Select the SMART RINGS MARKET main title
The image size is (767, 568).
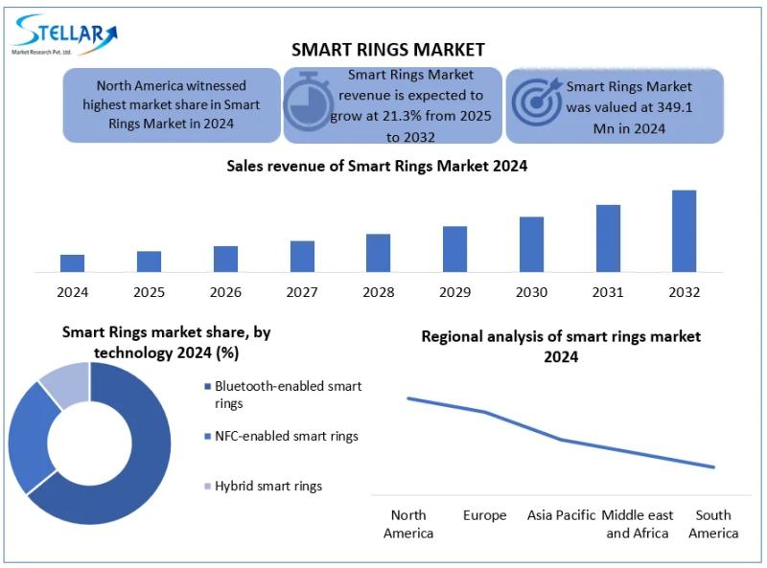[388, 50]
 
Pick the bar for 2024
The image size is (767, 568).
[72, 262]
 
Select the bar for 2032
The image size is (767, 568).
[684, 230]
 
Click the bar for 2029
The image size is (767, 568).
[454, 248]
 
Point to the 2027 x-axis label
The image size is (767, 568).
[302, 291]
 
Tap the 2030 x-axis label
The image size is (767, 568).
[531, 291]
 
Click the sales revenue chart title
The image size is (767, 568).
[377, 166]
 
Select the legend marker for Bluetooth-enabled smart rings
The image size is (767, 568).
[208, 387]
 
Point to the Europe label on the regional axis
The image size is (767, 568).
[484, 515]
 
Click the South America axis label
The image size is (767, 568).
[714, 524]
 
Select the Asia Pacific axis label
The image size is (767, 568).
[561, 515]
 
